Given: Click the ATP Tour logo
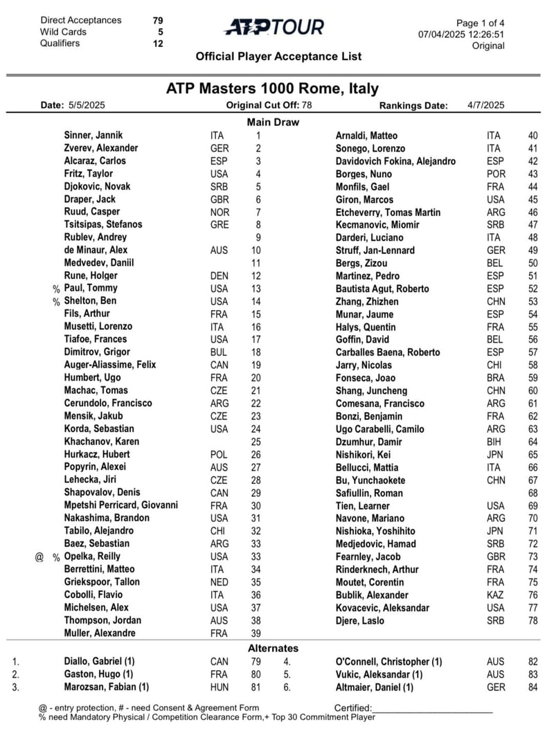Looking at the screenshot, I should pos(274,27).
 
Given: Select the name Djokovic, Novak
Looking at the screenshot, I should pos(97,186).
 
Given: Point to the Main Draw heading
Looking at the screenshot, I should pos(274,122).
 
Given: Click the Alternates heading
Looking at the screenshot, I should pos(274,648).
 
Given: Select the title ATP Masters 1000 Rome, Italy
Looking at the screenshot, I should pos(272,89).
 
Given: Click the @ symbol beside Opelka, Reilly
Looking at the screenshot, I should pos(39,556).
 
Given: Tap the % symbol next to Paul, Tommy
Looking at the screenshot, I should pos(56,289).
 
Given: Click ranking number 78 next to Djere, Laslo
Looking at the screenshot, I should pos(533,621).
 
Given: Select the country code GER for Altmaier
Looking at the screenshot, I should pos(496,687).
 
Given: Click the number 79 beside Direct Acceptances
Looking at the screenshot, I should pos(158,20).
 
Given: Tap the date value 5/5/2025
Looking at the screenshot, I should pos(87,106).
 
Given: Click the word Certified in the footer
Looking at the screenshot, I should pos(353,708).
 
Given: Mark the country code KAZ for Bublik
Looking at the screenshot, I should pos(496,595).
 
